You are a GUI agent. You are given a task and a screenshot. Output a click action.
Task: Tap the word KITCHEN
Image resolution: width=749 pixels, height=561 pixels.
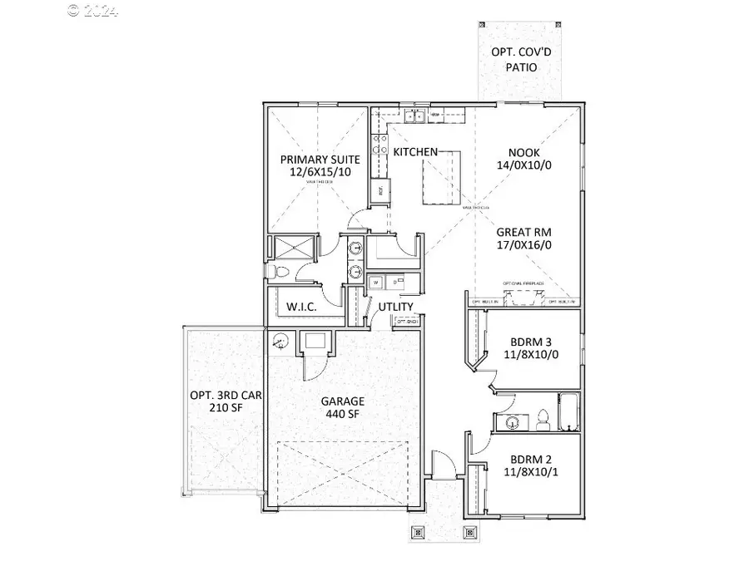[415, 152]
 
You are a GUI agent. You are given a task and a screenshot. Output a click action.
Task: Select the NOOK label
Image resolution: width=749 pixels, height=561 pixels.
[524, 153]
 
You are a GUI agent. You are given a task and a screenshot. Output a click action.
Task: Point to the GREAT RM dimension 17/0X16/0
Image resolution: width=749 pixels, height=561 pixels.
[524, 246]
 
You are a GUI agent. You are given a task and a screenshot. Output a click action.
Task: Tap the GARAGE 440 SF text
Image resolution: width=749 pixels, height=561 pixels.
[343, 407]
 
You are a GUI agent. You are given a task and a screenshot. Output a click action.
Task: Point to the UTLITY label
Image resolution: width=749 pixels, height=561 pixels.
[396, 307]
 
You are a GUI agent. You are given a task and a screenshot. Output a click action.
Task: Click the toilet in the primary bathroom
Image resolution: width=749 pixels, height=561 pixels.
[278, 273]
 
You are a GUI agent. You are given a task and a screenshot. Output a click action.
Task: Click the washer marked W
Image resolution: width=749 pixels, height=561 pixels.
[376, 283]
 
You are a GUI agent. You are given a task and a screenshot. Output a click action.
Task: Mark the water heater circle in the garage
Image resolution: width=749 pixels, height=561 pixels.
[280, 340]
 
